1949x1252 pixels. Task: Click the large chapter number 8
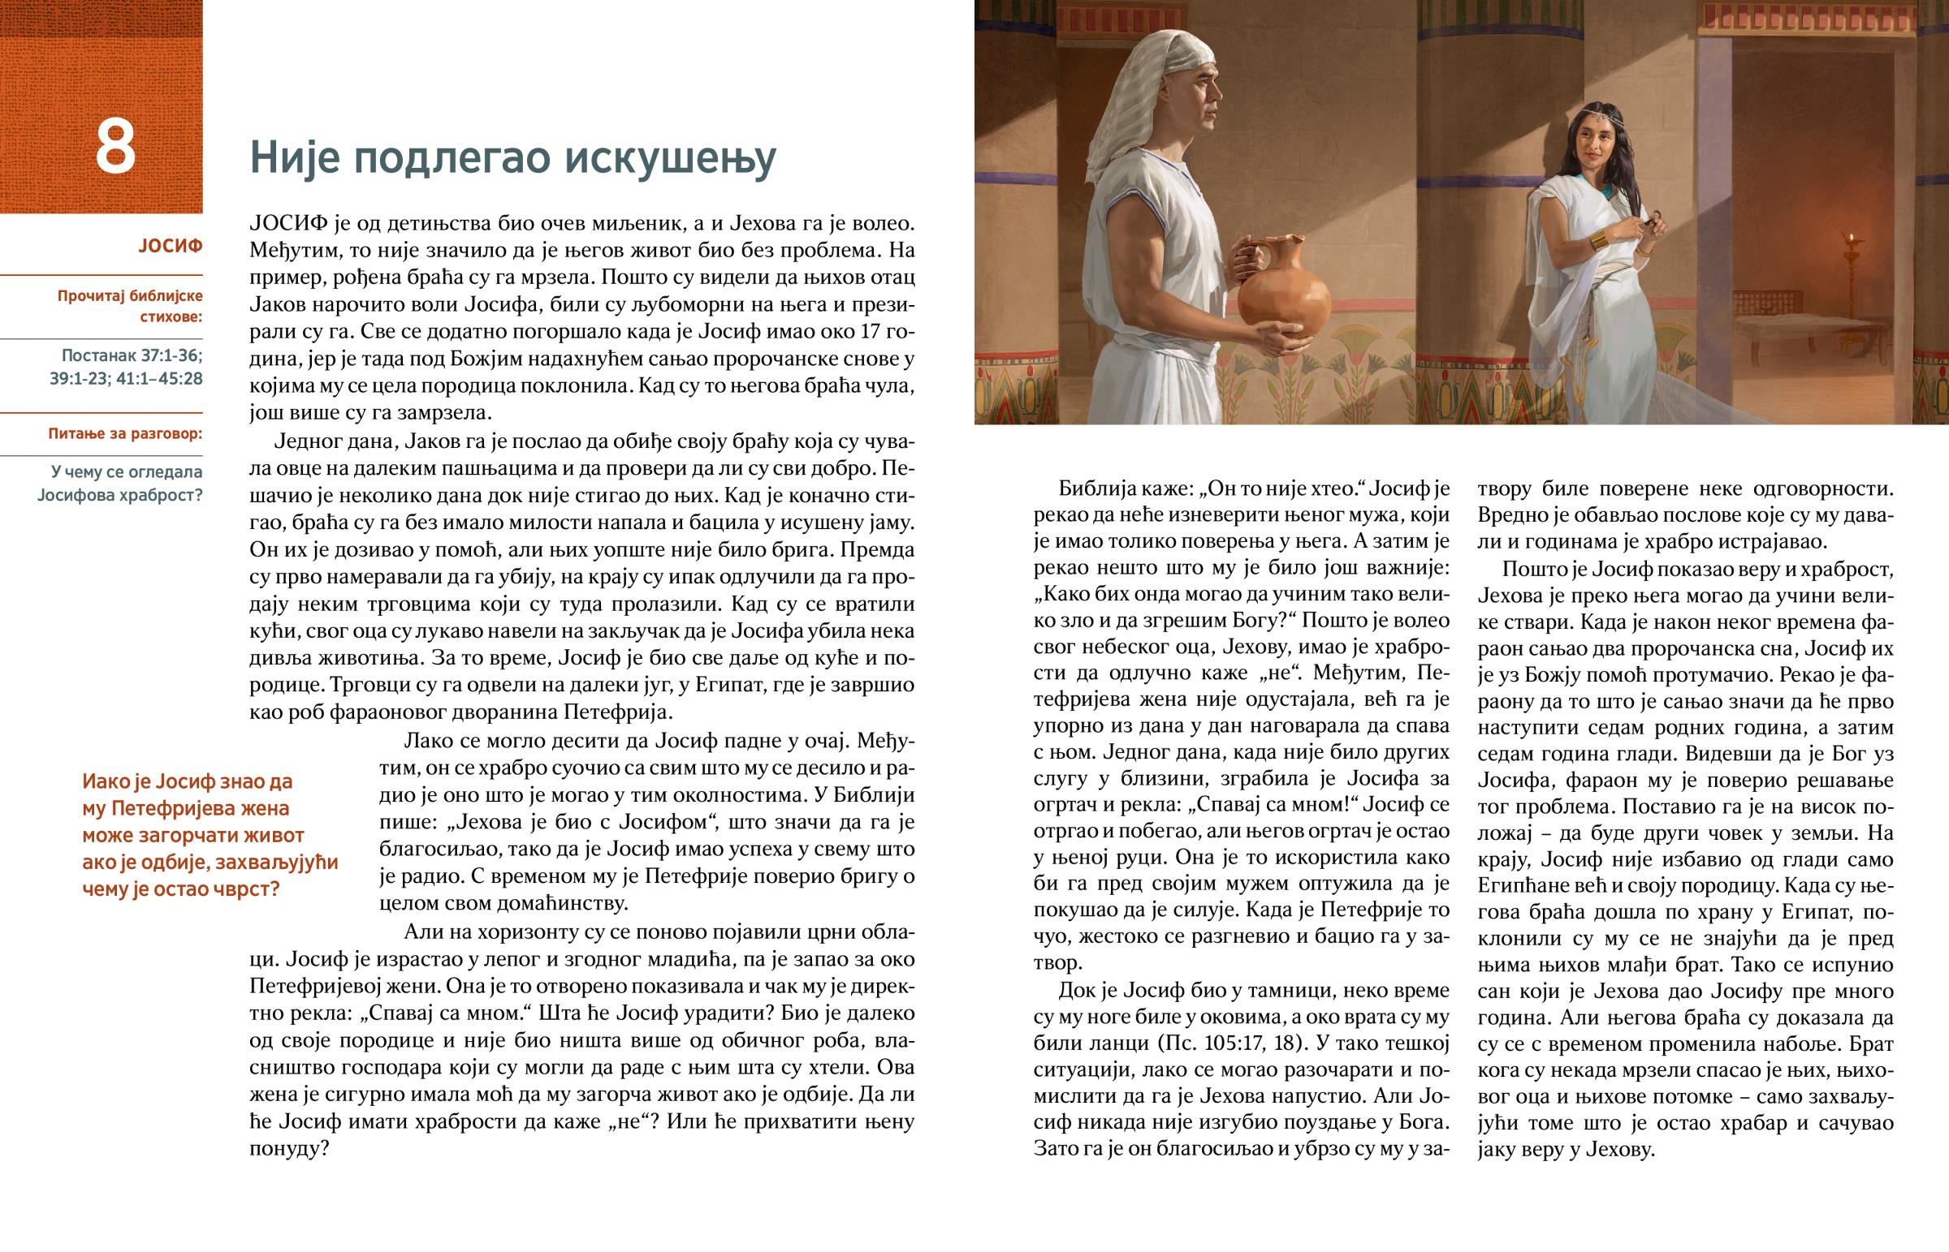point(115,148)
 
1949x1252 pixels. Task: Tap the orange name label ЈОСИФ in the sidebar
point(170,246)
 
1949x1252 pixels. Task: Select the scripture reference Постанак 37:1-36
point(132,355)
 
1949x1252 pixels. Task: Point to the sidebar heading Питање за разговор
point(125,433)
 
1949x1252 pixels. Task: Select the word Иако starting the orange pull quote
point(107,781)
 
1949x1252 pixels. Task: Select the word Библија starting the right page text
point(1094,488)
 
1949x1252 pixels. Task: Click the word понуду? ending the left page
point(289,1148)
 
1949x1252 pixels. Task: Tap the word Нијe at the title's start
point(294,157)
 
